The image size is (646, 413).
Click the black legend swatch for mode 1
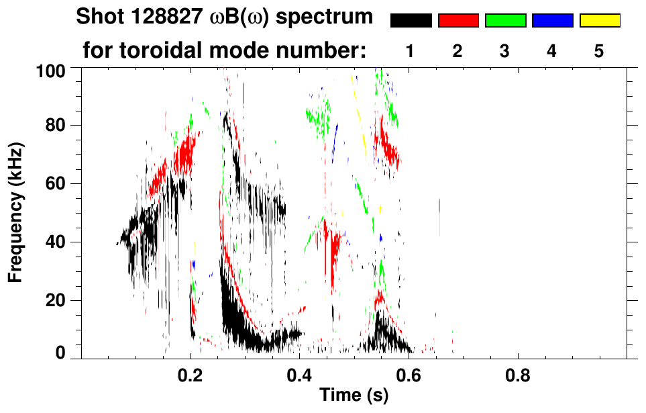point(411,21)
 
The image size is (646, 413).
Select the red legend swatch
point(458,21)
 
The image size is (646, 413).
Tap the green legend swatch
point(505,21)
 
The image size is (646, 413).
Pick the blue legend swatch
point(552,21)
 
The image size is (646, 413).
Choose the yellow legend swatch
point(599,21)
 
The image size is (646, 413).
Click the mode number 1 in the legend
point(411,51)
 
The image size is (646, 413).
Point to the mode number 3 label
point(504,51)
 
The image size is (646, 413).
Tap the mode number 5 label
point(599,51)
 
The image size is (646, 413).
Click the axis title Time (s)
point(354,396)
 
